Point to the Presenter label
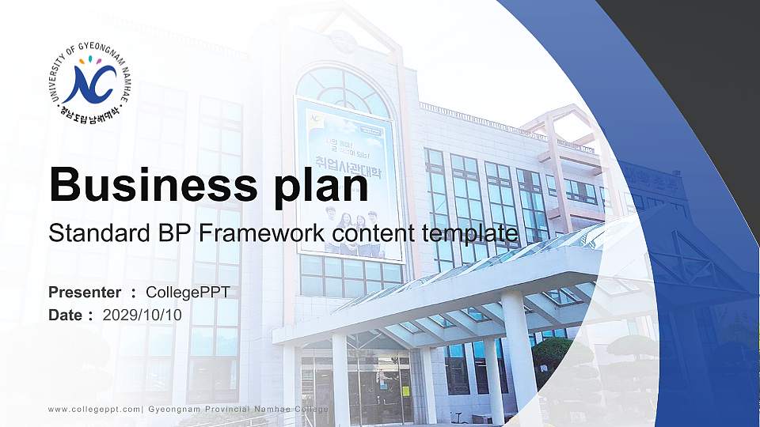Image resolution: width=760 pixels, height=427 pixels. [85, 293]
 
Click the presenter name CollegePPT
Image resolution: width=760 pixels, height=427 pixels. [188, 293]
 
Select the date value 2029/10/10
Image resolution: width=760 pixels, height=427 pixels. [142, 315]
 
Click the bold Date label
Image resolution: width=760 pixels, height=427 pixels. [66, 315]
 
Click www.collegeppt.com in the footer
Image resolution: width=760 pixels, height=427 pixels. [94, 408]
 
